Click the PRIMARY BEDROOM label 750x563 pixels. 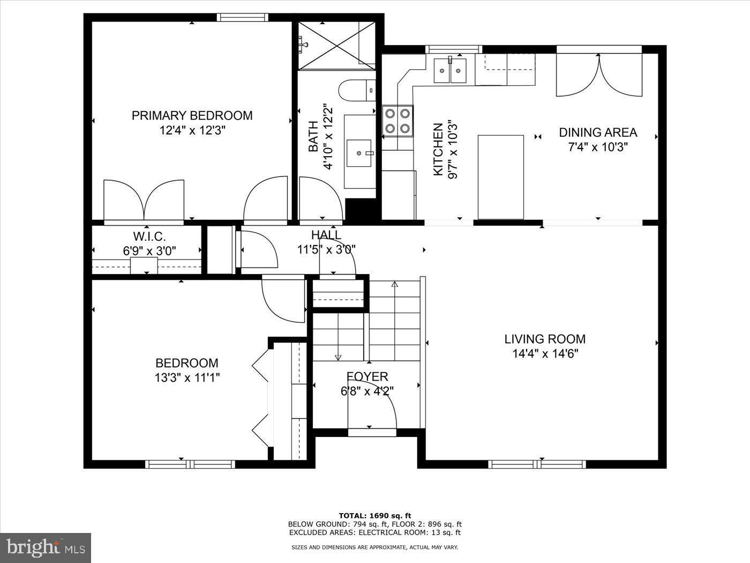point(192,115)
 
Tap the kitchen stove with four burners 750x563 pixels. point(398,121)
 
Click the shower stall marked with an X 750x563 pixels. point(336,46)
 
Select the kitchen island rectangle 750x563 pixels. point(500,177)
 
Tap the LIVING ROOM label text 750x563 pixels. point(544,339)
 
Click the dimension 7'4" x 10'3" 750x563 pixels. point(598,147)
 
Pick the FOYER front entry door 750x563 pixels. point(372,413)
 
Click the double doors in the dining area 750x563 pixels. point(599,75)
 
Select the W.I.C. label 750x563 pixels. point(149,236)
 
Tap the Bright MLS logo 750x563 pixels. point(45,547)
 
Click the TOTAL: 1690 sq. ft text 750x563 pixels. point(374,515)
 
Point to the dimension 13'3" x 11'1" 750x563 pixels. point(187,377)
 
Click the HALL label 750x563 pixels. point(326,235)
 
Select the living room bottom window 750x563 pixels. point(537,464)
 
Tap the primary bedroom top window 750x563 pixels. point(242,17)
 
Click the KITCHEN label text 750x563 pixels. point(438,149)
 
